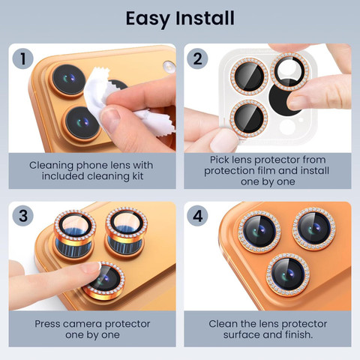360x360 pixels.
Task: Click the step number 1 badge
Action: pos(23,59)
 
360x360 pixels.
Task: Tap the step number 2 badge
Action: pos(197,59)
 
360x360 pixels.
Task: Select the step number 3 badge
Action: pos(23,216)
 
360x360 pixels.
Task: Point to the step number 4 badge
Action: pos(197,216)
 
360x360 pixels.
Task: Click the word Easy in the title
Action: pos(148,19)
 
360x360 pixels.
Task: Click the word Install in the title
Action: pos(205,18)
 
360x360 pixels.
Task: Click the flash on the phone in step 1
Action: pos(168,67)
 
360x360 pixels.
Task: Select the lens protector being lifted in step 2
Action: pos(290,71)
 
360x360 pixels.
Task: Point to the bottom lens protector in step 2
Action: pos(249,118)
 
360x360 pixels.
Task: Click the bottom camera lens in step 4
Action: pos(288,274)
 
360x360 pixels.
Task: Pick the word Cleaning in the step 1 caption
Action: pos(51,166)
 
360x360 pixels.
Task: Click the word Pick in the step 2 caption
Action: pos(219,160)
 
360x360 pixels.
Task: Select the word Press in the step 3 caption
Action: pos(47,324)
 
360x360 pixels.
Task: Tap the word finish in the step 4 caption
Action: pos(298,334)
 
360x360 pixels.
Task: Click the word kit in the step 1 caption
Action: pos(137,176)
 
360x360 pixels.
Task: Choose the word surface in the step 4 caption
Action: pos(240,334)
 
